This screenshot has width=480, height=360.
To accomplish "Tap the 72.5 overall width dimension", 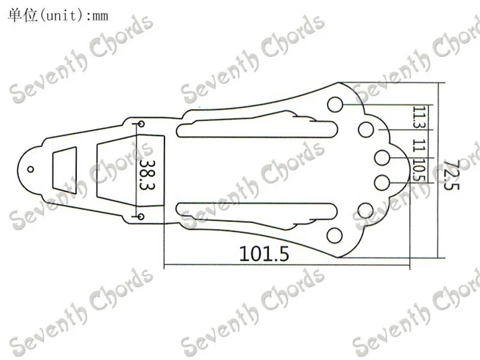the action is pos(451,175).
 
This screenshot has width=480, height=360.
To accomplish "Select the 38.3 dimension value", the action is pos(147,175).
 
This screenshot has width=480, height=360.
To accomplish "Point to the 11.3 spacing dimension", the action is pos(419,117).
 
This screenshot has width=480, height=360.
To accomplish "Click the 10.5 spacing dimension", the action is pos(419,170).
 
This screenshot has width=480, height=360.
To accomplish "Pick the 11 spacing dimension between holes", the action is pos(419,145).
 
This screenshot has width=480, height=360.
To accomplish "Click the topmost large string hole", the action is pos(335,104).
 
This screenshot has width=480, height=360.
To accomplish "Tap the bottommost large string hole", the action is pos(335,236).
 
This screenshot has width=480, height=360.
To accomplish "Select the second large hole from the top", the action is pos(366,130).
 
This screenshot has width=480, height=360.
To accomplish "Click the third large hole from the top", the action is pos(382,158).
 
